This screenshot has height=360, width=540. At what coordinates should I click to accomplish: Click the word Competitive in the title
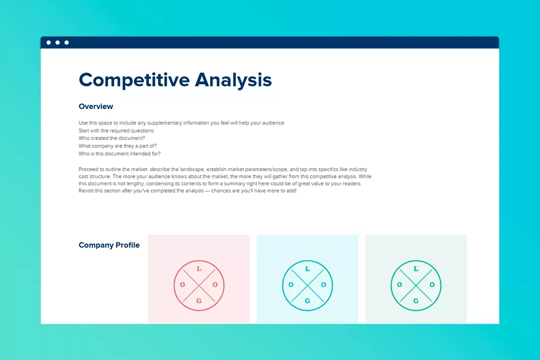[x=134, y=80]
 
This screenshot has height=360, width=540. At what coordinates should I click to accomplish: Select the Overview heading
[x=96, y=107]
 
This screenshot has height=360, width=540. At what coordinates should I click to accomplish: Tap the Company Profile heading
[x=109, y=245]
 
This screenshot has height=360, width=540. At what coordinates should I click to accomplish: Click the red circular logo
[x=199, y=286]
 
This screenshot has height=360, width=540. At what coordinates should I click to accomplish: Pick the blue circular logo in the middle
[x=307, y=286]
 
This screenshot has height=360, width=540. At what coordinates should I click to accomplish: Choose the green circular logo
[x=416, y=286]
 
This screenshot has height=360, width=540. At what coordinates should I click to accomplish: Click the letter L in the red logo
[x=199, y=269]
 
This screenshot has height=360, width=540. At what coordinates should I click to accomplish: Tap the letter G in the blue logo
[x=307, y=301]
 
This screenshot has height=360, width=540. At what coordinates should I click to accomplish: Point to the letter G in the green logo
[x=416, y=301]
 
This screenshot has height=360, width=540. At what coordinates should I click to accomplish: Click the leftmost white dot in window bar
[x=48, y=42]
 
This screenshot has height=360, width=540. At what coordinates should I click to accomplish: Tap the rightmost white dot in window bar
[x=67, y=42]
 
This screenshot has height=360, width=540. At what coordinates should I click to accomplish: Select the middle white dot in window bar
[x=58, y=42]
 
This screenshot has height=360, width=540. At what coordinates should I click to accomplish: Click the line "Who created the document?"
[x=111, y=139]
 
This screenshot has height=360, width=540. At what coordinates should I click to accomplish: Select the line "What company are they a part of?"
[x=117, y=146]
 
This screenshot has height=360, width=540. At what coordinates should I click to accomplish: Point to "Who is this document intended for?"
[x=119, y=154]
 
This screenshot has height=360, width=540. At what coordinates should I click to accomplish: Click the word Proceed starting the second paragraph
[x=89, y=169]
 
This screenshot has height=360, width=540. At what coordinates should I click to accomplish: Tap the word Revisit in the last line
[x=87, y=191]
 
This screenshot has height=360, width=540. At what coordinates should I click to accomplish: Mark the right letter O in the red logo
[x=215, y=285]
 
